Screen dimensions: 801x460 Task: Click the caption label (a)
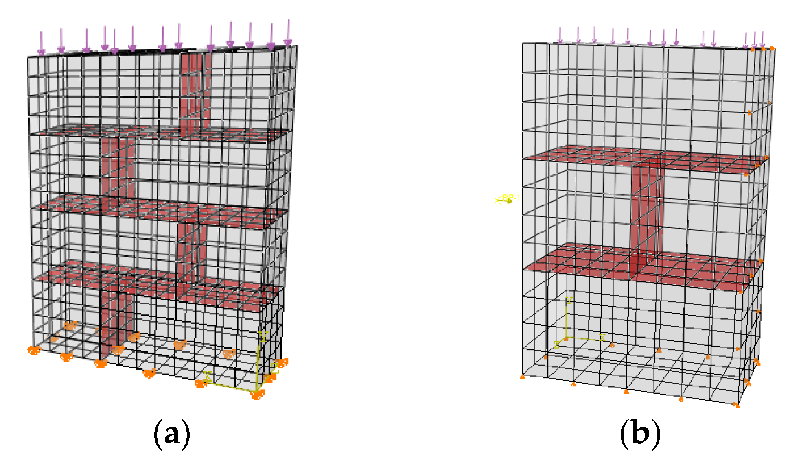[x=172, y=434]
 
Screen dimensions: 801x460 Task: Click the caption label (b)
[x=640, y=434]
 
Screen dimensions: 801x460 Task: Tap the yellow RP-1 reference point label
[x=511, y=198]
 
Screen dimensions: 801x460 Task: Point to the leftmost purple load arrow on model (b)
[x=560, y=35]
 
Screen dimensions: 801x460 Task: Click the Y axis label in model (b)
[x=569, y=301]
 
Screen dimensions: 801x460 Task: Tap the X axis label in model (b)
[x=602, y=338]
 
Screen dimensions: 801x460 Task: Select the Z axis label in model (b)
[x=556, y=345]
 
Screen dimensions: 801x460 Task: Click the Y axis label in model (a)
[x=263, y=336]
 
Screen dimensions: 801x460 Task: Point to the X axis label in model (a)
[x=207, y=376]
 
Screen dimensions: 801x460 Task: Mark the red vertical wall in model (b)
[x=646, y=211]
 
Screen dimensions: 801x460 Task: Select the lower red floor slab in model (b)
[x=639, y=266]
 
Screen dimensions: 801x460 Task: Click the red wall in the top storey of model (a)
[x=195, y=94]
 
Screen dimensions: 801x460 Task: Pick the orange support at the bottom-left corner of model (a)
[x=34, y=351]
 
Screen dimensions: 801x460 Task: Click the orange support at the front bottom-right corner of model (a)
[x=257, y=395]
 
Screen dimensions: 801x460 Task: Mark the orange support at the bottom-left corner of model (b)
[x=523, y=377]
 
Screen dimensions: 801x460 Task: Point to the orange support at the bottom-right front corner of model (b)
[x=736, y=405]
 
